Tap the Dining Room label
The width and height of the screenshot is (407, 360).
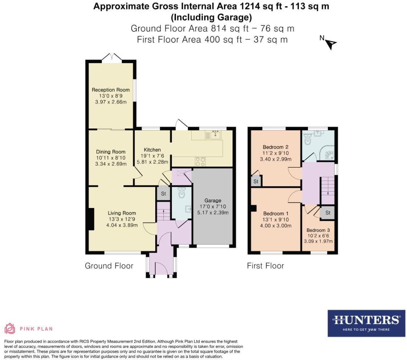111,152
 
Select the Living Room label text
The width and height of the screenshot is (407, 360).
122,213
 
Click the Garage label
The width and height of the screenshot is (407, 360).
213,200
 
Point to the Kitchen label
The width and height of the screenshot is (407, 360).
152,150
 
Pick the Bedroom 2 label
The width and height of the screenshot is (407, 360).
276,147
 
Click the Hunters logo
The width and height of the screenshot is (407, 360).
366,323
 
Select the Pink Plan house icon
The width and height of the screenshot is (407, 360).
10,328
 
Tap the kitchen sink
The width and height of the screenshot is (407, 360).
213,135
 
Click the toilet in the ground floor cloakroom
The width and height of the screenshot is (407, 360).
182,193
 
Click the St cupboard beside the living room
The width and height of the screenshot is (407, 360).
163,194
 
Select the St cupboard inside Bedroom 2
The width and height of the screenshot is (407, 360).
256,181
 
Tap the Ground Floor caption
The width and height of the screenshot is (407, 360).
109,266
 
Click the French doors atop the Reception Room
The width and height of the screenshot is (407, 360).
112,57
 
